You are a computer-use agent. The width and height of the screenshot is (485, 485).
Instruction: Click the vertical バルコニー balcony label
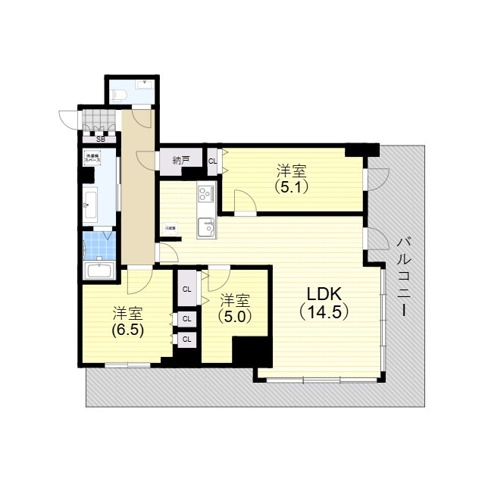tap(403, 276)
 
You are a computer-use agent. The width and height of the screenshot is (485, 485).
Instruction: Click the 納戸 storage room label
tap(180, 160)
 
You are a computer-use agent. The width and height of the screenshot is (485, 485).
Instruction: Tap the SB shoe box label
tap(101, 139)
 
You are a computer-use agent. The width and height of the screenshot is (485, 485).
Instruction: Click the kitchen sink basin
tap(206, 227)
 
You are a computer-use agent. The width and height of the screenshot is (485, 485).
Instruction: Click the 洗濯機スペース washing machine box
tap(91, 159)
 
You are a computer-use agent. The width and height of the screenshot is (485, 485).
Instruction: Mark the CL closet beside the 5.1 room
tap(213, 161)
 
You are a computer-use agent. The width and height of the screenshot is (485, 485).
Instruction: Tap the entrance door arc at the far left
tap(67, 119)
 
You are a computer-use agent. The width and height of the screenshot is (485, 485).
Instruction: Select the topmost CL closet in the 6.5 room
tap(186, 289)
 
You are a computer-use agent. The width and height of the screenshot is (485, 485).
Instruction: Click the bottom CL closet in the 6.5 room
tap(186, 339)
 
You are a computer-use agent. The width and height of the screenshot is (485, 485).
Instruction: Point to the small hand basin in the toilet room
tap(145, 83)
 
